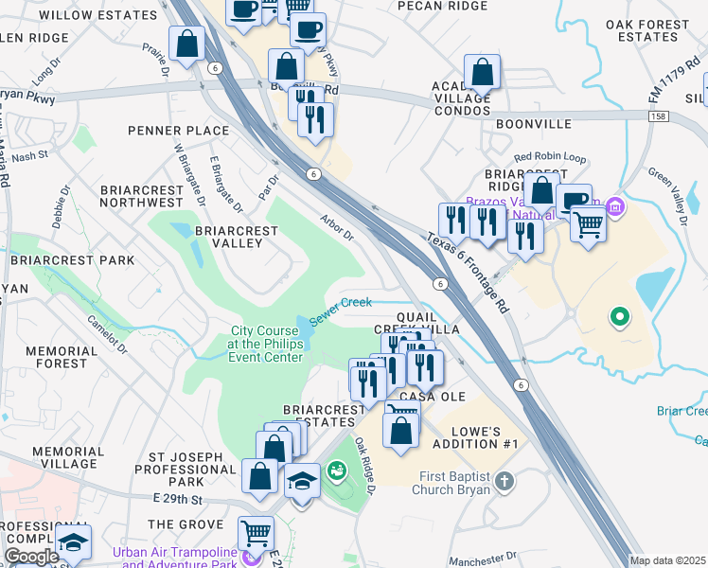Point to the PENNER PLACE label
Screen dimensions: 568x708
click(x=181, y=130)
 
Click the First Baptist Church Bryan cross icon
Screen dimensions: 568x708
click(x=504, y=480)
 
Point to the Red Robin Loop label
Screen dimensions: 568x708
click(x=550, y=157)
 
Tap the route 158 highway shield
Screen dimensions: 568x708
click(x=660, y=115)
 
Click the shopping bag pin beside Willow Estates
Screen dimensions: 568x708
click(x=187, y=43)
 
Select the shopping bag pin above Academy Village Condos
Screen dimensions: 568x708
click(x=482, y=71)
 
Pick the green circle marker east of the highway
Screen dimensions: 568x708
click(x=620, y=316)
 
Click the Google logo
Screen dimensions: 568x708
click(x=31, y=557)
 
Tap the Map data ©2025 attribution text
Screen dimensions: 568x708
click(x=667, y=560)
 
